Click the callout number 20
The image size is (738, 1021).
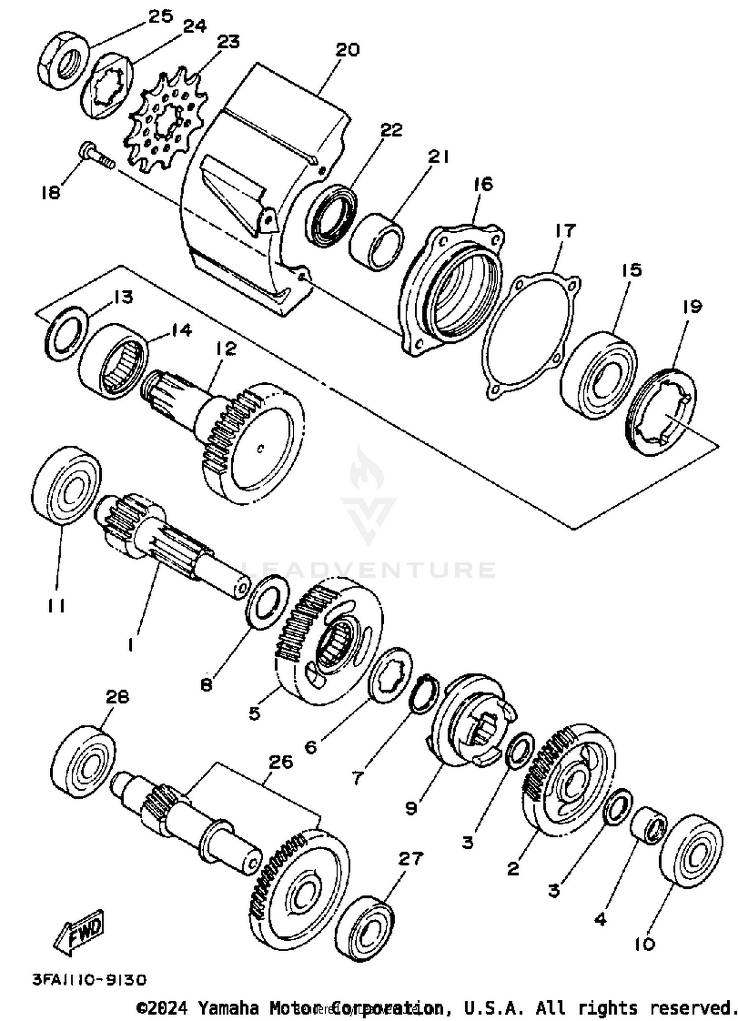coord(348,50)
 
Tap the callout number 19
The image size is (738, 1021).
coord(692,307)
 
